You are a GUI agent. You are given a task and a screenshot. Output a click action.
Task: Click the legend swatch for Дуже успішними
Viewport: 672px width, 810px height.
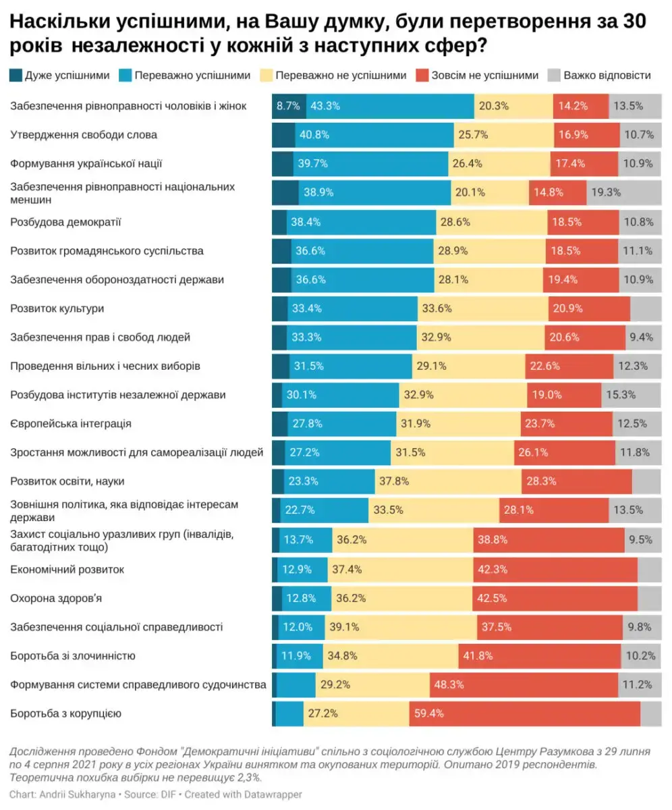coord(16,75)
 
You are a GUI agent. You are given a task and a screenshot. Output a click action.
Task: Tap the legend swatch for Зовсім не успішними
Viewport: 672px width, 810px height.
coord(423,75)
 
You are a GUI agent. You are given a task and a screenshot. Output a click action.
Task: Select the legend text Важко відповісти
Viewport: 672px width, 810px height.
coord(607,75)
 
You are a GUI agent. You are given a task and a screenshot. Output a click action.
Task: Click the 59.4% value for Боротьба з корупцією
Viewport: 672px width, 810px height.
coord(429,713)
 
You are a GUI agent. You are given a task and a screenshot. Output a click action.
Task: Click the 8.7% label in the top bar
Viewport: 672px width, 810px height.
coord(288,106)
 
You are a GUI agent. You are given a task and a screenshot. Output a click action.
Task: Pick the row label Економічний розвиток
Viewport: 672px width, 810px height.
coord(67,569)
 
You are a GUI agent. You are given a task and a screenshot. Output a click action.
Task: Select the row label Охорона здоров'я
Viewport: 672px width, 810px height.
coord(56,598)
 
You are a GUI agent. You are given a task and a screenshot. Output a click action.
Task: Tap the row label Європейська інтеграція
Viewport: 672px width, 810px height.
coord(71,424)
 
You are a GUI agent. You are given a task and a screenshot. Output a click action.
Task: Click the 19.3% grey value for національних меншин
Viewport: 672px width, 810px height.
coord(606,192)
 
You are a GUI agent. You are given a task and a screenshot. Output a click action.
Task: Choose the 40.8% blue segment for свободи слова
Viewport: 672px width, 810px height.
coord(374,135)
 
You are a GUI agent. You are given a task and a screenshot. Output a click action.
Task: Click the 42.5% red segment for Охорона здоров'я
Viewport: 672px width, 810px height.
coord(555,598)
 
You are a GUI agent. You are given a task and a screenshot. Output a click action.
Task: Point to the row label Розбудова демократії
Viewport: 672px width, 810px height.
coord(66,221)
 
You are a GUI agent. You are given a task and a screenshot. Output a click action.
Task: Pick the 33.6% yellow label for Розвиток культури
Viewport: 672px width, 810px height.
coord(437,308)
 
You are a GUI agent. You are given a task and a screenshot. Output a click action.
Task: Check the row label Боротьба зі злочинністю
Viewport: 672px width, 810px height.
coord(74,656)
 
